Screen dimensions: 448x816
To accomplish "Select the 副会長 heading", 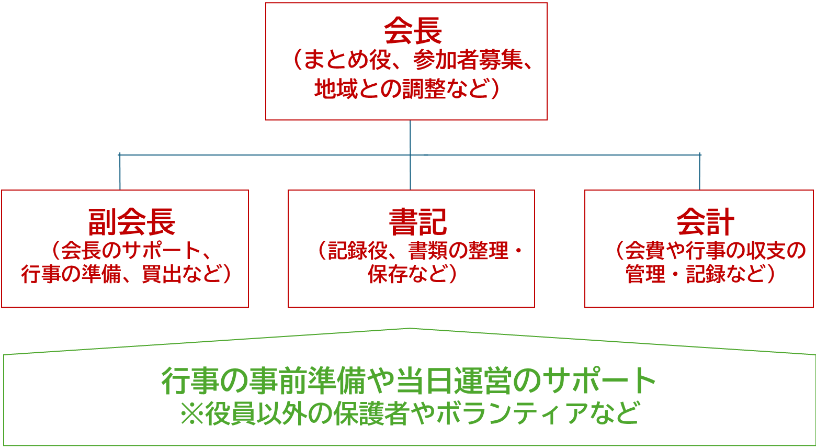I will click(x=132, y=222).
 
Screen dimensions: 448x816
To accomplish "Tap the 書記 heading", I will click(x=417, y=222).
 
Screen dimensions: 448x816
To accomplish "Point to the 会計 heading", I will click(x=705, y=222).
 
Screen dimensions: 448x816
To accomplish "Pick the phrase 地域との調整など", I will click(x=400, y=88).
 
